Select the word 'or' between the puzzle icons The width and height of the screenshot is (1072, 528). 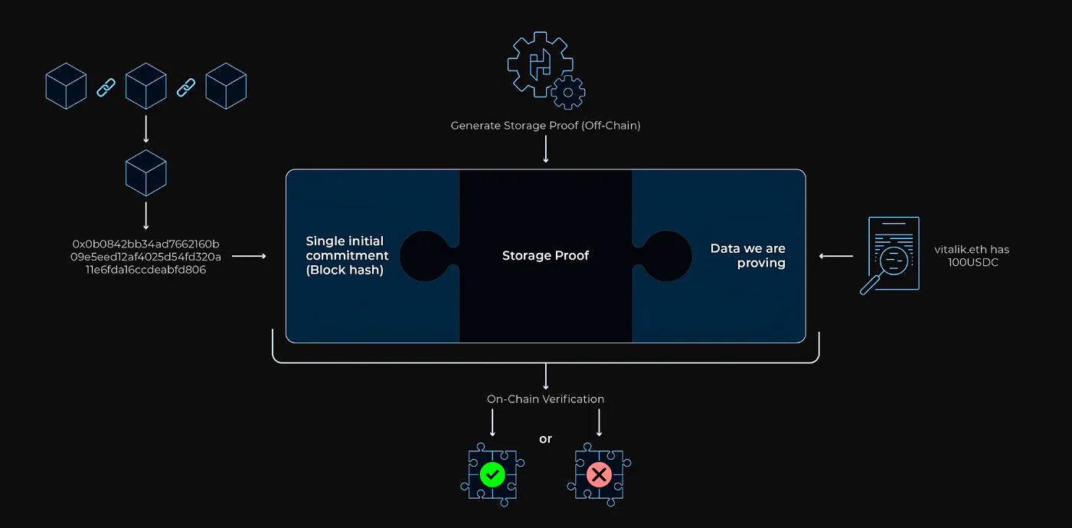click(545, 439)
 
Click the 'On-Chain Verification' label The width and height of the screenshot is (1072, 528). click(545, 398)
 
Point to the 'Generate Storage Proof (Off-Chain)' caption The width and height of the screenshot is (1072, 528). click(545, 125)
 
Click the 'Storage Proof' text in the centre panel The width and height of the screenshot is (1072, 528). click(545, 255)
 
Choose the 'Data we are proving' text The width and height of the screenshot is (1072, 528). click(748, 255)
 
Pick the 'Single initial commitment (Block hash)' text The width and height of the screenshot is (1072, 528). click(347, 255)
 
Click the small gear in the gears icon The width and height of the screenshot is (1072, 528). click(567, 93)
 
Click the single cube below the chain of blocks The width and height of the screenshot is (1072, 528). click(145, 172)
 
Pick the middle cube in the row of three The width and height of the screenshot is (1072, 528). click(145, 85)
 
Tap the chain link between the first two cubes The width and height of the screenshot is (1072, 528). click(106, 87)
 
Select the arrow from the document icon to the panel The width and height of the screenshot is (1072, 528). click(835, 256)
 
